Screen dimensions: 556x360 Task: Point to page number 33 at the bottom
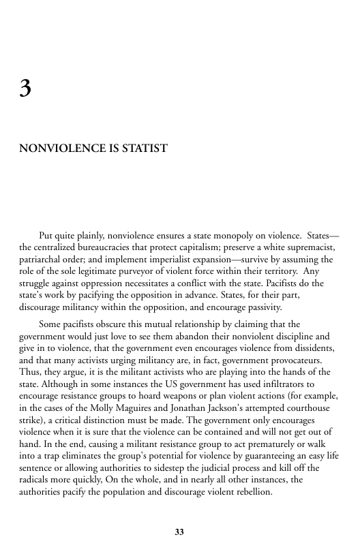[x=179, y=531]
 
